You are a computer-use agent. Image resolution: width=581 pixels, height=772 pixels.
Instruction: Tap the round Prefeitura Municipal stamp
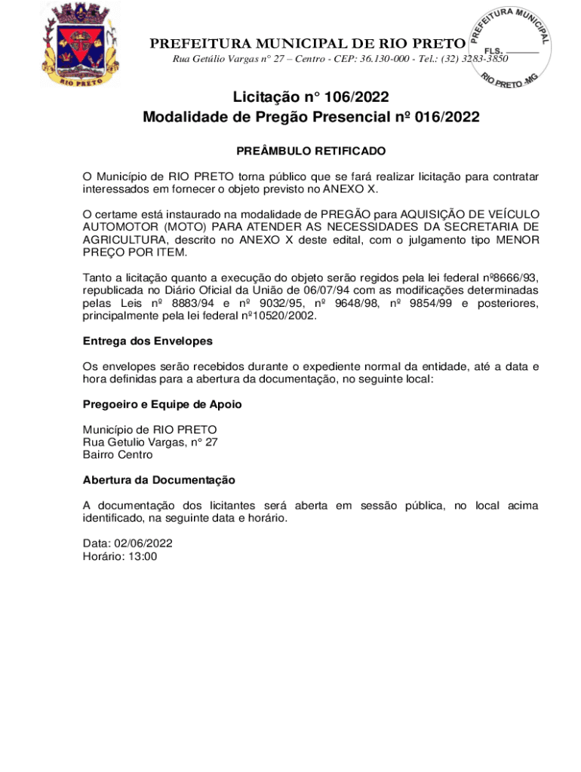[x=511, y=47]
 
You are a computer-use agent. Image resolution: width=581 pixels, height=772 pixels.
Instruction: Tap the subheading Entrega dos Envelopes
[x=147, y=341]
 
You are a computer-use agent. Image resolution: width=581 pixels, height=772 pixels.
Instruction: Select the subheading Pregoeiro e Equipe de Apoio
[x=162, y=404]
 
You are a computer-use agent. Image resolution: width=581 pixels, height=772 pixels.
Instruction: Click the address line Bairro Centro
[x=118, y=455]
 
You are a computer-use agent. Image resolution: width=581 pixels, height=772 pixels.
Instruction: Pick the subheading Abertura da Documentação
[x=159, y=479]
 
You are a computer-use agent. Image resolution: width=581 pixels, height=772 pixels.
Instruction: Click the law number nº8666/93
[x=509, y=277]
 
